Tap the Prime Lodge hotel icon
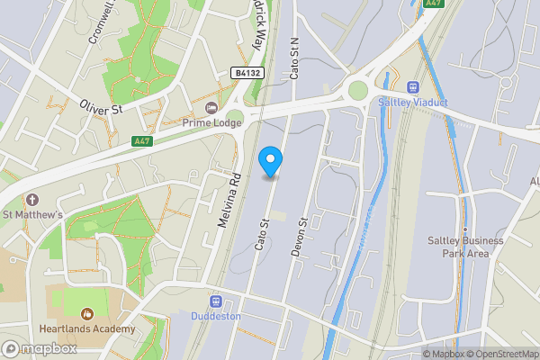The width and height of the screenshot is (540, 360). (x=212, y=109)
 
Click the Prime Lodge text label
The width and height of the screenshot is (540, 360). (x=212, y=123)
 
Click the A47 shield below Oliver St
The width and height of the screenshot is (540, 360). (x=141, y=141)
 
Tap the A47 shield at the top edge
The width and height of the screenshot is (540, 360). (x=434, y=4)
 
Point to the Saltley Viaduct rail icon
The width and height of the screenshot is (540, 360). (x=415, y=87)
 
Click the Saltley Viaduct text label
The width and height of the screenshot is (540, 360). (x=414, y=103)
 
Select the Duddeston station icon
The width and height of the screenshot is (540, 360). (x=216, y=301)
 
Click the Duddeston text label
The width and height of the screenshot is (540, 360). (x=216, y=316)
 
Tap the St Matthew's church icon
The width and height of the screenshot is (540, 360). (x=33, y=199)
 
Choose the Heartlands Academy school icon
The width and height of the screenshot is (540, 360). (x=87, y=313)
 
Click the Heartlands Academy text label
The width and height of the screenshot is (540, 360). (x=87, y=328)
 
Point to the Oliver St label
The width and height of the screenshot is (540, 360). (x=100, y=107)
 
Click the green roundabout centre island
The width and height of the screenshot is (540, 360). (x=359, y=90)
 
